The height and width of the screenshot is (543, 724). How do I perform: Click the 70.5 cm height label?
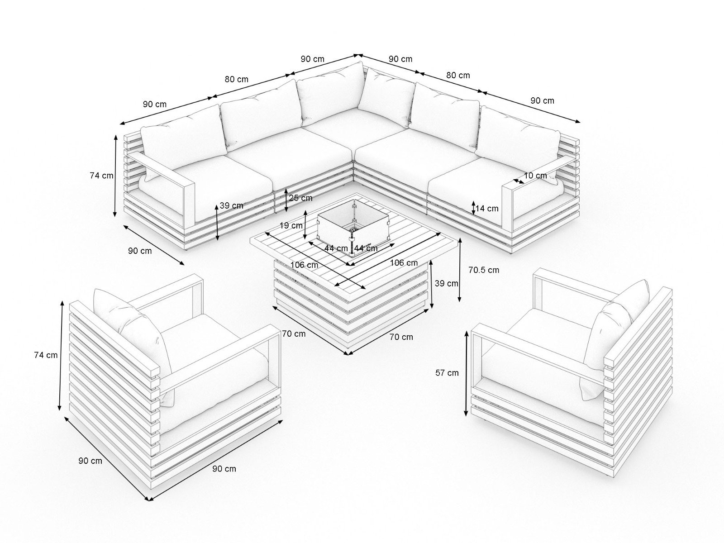pos(484,270)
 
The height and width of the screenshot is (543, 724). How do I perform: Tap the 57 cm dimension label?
pos(447,373)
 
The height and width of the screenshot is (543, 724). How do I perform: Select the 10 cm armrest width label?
pos(536,176)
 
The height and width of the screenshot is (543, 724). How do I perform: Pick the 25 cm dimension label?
pos(300,198)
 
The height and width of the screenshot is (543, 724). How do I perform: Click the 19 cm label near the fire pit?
pos(291,225)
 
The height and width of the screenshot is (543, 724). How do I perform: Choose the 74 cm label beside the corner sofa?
pos(101,176)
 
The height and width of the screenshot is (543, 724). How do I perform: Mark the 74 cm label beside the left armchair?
pos(46,355)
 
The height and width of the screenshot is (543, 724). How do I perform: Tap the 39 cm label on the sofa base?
pos(231,205)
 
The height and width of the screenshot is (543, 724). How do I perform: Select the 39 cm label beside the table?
pos(446,284)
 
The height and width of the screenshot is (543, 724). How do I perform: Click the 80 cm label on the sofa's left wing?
pos(237,79)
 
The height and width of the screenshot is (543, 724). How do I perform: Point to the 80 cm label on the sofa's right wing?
pos(458,76)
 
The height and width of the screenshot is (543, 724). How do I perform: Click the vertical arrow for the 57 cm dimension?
pos(467,374)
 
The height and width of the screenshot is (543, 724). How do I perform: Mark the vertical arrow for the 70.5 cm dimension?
pos(460,270)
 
